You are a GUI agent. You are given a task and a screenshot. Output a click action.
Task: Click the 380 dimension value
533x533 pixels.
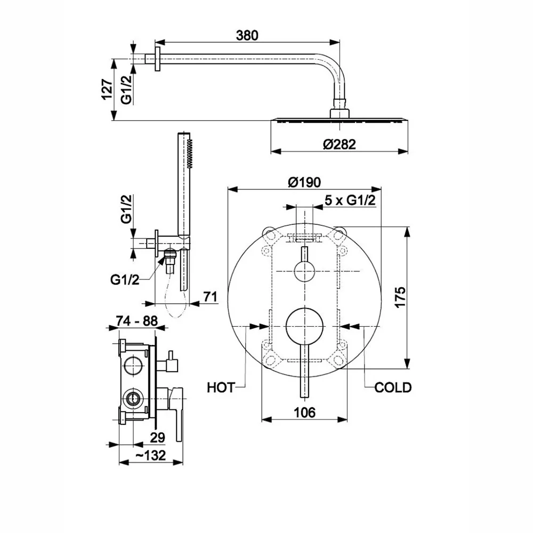[x=247, y=35]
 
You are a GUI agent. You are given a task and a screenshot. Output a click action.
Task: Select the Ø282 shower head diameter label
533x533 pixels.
[x=339, y=144]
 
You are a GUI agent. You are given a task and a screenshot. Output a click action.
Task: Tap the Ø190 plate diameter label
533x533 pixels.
[x=304, y=182]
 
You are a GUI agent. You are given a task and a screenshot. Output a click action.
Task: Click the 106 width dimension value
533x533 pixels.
[x=304, y=412]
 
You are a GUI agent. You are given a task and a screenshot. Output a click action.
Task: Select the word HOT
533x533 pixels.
[x=221, y=387]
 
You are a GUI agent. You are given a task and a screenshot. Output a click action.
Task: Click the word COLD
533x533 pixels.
[x=393, y=387]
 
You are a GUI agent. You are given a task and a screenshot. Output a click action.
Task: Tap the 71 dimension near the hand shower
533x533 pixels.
[x=211, y=297]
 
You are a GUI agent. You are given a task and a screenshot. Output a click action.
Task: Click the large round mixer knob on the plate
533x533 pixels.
[x=304, y=326]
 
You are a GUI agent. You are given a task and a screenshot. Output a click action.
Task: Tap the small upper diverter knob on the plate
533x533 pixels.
[x=304, y=271]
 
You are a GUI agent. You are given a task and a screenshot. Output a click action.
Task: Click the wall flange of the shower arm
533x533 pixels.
[x=157, y=59]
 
